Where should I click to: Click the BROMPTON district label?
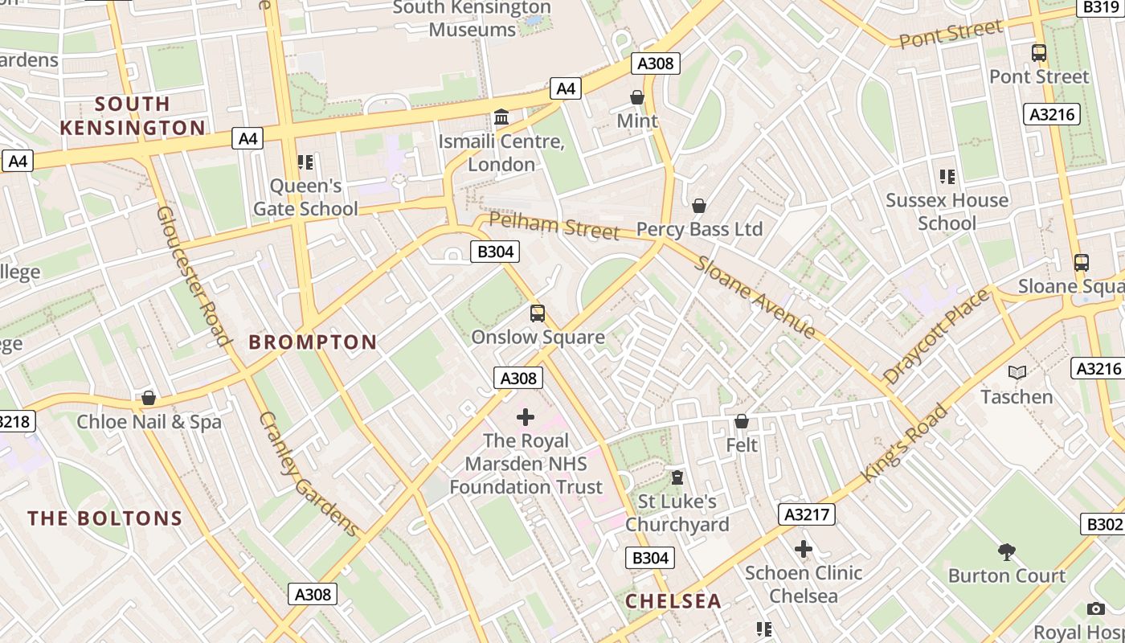point(313,342)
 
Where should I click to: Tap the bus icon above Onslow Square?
point(538,313)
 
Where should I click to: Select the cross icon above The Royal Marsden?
point(526,417)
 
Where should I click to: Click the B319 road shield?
point(1100,7)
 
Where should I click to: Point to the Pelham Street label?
point(554,226)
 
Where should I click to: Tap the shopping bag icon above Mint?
point(637,97)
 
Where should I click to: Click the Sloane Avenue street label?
point(755,296)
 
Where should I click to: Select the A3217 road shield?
point(807,514)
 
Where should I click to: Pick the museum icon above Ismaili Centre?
point(502,117)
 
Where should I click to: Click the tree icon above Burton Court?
point(1006,551)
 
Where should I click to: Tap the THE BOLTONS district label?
point(105,518)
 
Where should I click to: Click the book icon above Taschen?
point(1017,373)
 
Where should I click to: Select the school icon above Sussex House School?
point(947,176)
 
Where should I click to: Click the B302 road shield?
point(1104,524)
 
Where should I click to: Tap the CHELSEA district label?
point(673,601)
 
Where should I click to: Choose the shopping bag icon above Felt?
point(742,421)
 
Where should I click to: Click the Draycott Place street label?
point(937,336)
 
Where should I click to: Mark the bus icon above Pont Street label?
point(1039,53)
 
